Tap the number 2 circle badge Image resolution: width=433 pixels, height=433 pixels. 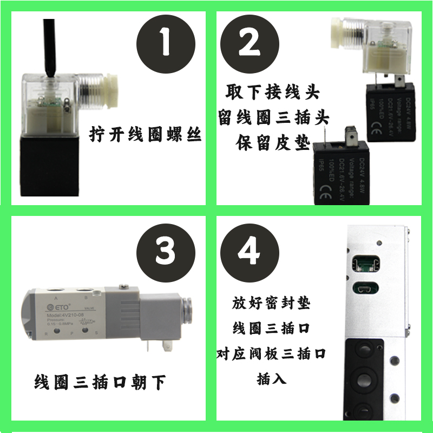250,42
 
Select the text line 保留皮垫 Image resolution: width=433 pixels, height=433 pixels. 273,143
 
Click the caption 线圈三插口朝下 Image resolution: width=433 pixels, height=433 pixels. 100,382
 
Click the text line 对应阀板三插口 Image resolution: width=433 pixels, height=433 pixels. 271,353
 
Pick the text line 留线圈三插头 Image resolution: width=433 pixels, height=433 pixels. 273,117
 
